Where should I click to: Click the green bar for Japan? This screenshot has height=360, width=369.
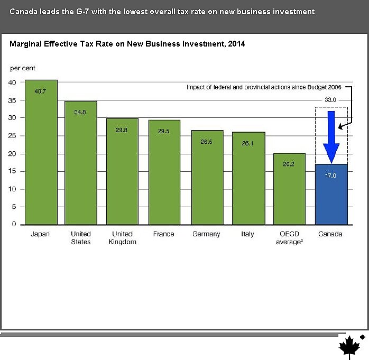coord(41,153)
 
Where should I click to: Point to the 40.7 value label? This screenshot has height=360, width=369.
coord(41,91)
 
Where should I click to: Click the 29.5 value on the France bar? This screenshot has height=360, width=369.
coord(164,132)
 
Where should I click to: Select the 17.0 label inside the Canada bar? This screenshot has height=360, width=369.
coord(330,176)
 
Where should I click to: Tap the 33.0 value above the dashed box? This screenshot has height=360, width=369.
coord(330,99)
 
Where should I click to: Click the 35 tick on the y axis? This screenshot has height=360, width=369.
coord(12,100)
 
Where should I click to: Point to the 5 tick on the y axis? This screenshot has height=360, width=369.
coord(14,207)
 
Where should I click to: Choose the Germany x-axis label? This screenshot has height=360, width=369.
coord(206,234)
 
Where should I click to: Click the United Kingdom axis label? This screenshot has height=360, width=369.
coord(122,237)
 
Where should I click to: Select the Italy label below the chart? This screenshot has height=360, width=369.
coord(247,234)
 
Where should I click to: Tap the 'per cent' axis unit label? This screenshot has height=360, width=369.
coord(23,68)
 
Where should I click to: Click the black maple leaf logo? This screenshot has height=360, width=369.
coord(349,346)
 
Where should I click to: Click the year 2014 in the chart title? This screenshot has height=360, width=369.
coord(235,44)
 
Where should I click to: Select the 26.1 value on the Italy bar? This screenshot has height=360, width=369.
coord(248,143)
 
